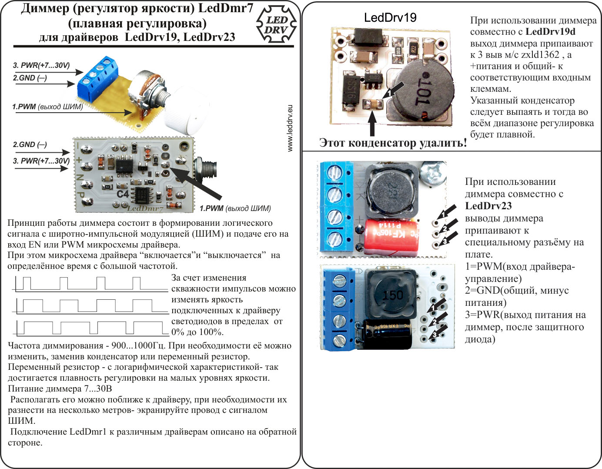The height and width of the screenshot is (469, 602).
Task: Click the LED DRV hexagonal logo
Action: [x=276, y=25]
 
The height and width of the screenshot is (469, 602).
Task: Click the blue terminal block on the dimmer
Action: [x=98, y=77]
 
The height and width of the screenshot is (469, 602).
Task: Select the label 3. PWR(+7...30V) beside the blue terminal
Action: [x=41, y=65]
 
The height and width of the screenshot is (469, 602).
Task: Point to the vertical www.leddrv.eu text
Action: [x=291, y=128]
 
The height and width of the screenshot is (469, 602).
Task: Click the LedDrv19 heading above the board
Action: [x=390, y=17]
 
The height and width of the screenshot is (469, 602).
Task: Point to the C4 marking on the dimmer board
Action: [x=123, y=194]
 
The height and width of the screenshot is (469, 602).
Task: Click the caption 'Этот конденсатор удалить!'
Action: [x=393, y=143]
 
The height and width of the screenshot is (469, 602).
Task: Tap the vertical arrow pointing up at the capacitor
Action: [x=372, y=124]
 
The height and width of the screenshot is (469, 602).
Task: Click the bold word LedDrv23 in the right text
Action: [x=488, y=206]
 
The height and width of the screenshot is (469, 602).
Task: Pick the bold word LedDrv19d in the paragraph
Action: [x=550, y=31]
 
